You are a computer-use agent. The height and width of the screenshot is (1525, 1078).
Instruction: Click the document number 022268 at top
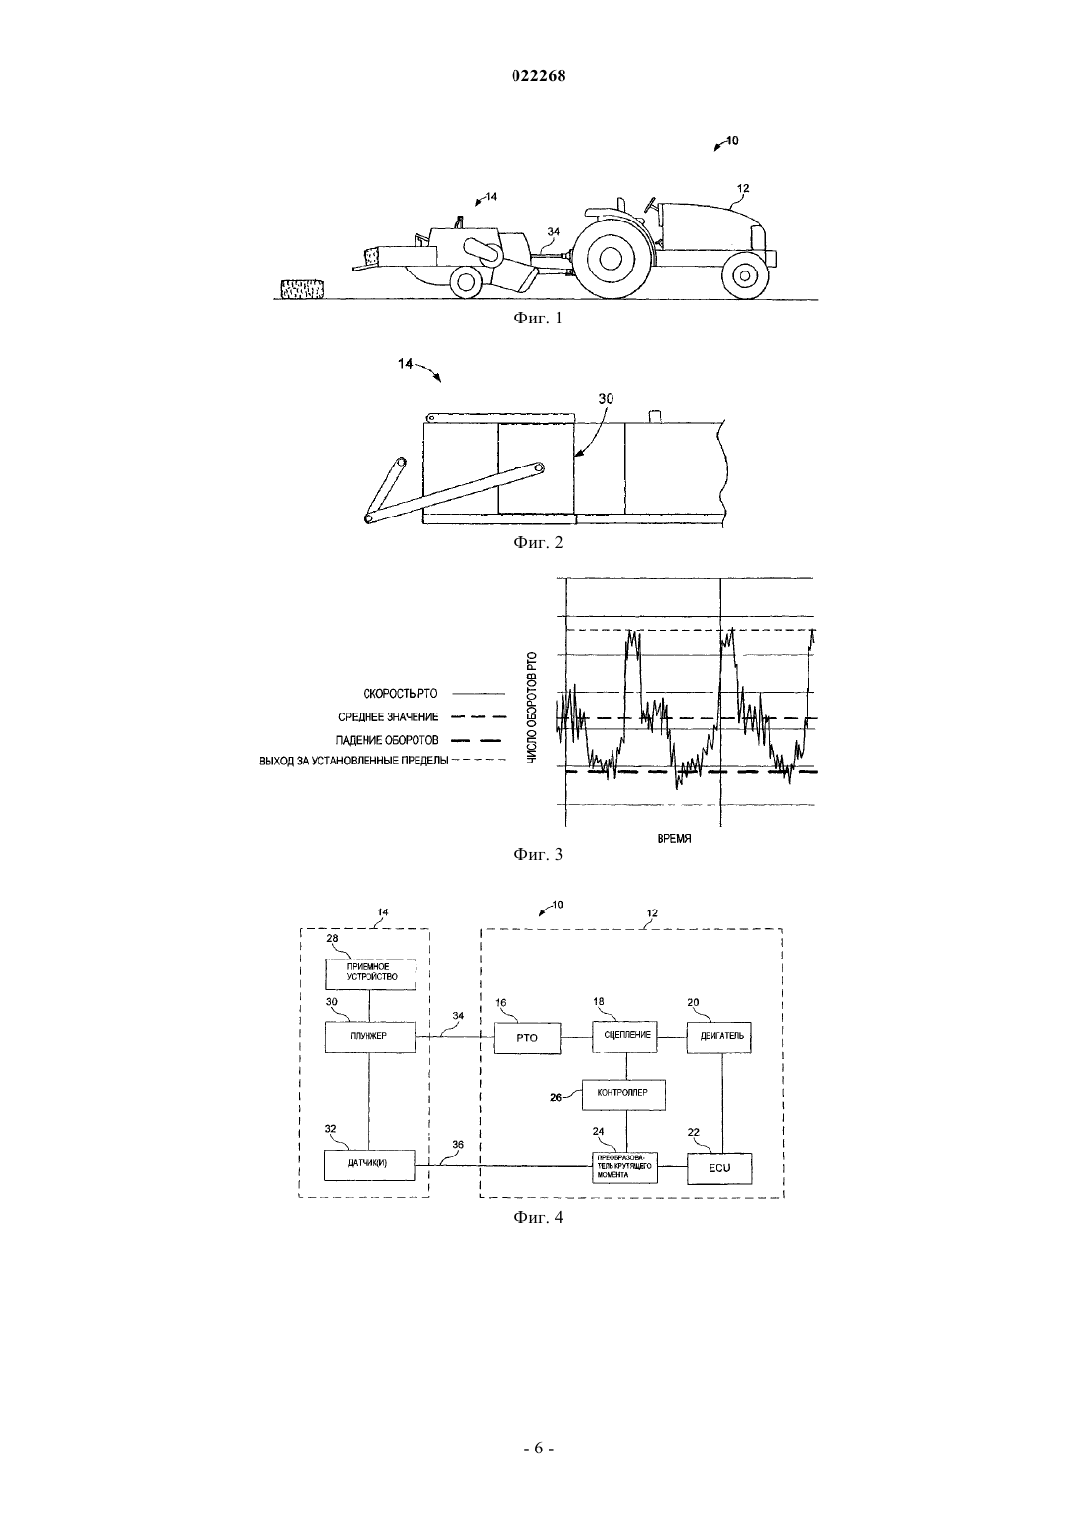click(x=538, y=76)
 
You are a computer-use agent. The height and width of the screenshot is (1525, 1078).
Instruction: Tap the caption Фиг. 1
click(x=538, y=318)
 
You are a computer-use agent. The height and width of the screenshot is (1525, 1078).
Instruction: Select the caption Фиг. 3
click(x=538, y=854)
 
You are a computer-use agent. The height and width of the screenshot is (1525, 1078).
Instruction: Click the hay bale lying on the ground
click(x=302, y=288)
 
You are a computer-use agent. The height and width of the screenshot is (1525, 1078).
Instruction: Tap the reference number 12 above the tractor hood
click(x=743, y=188)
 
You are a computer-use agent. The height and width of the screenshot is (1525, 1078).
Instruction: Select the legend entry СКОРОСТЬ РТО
click(x=400, y=694)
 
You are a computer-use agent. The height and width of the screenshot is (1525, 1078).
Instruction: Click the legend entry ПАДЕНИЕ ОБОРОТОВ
click(x=387, y=740)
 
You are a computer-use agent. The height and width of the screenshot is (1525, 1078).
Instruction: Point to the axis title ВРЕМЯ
click(x=674, y=839)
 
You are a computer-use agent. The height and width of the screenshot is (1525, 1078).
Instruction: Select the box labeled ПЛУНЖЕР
click(x=369, y=1036)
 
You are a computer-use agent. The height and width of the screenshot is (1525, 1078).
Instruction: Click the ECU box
click(x=719, y=1167)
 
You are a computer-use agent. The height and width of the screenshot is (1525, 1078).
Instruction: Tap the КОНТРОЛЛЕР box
click(x=623, y=1094)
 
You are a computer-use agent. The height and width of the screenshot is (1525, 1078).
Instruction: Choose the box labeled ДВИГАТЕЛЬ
click(x=719, y=1037)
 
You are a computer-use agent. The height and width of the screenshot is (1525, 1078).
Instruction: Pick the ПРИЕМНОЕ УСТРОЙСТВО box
click(x=369, y=973)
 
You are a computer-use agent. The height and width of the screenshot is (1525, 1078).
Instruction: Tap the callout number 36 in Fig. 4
click(x=458, y=1145)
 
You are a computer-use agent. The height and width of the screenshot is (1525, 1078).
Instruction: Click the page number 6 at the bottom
click(x=538, y=1448)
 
